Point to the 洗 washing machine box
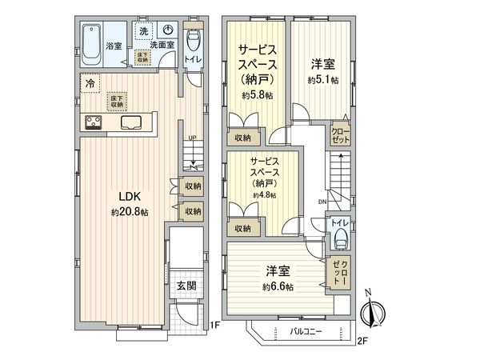[x=144, y=31]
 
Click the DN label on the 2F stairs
[x=321, y=202]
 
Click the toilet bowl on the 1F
[x=193, y=40]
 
